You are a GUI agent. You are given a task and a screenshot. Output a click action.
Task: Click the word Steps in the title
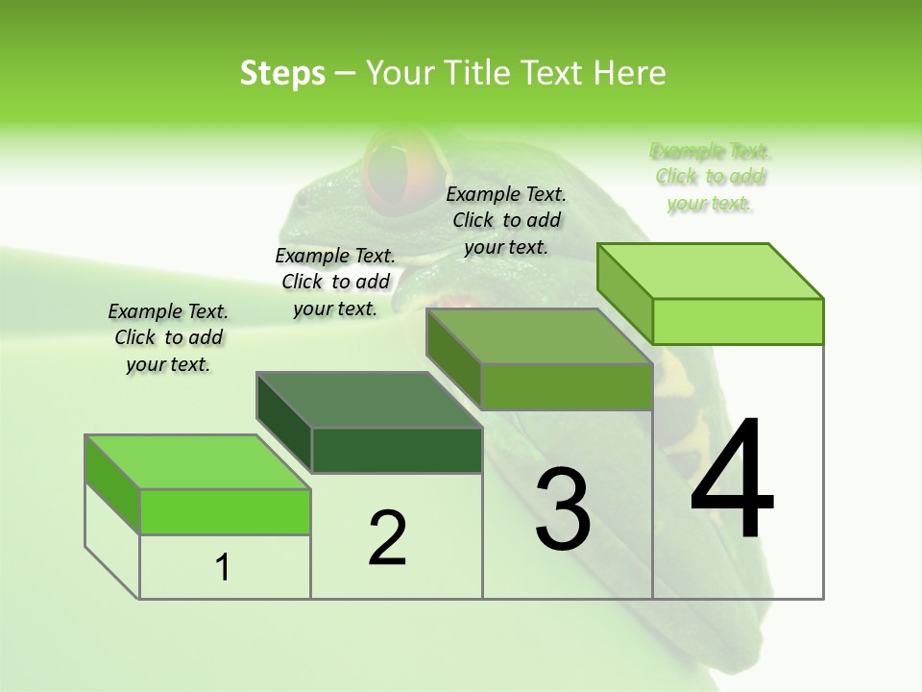point(282,73)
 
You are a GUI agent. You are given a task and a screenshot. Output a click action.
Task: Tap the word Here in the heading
point(630,73)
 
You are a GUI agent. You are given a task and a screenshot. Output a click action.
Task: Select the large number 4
point(733,481)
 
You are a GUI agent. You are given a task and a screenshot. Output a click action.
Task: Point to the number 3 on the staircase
point(563,509)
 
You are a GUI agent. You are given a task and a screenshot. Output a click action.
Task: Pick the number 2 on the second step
point(388,537)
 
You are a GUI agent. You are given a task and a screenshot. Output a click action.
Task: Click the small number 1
point(223,568)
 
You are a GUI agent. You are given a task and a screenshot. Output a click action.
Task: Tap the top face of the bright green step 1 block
point(197,462)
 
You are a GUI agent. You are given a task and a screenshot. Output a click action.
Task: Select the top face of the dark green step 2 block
point(369,400)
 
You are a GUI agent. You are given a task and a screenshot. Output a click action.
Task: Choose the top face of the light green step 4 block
point(710,271)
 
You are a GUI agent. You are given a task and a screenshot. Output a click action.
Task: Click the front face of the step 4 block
point(738,321)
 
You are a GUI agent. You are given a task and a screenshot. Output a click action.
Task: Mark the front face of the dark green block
point(397,450)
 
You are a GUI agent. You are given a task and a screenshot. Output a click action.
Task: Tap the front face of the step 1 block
point(225,511)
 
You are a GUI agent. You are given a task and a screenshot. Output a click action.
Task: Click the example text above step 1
point(168,337)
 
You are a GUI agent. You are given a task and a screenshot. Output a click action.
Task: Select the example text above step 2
point(335,282)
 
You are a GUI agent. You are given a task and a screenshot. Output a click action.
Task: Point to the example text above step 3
point(506,220)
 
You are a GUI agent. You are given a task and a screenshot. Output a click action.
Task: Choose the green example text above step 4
point(710,177)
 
